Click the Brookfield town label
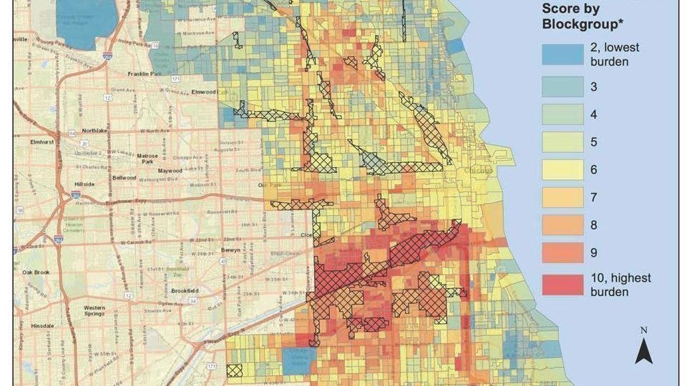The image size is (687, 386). coord(188,291)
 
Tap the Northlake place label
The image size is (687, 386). coord(94,131)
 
